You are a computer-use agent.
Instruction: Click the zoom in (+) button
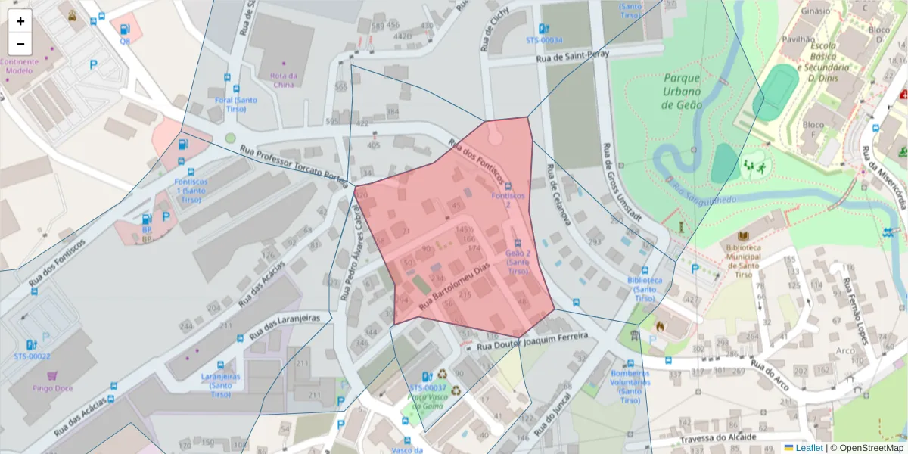(x=20, y=21)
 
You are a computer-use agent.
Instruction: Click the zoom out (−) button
(x=20, y=44)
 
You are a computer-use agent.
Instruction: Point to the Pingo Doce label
(x=53, y=388)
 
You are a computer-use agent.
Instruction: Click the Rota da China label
(x=283, y=79)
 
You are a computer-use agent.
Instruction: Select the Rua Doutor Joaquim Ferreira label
(x=533, y=341)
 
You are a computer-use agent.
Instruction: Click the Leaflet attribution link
(x=808, y=448)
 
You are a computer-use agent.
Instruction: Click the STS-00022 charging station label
(x=32, y=356)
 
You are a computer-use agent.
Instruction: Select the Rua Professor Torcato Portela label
(x=294, y=163)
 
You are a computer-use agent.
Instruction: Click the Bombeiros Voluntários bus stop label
(x=630, y=386)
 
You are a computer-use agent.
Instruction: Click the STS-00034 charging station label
(x=544, y=40)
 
